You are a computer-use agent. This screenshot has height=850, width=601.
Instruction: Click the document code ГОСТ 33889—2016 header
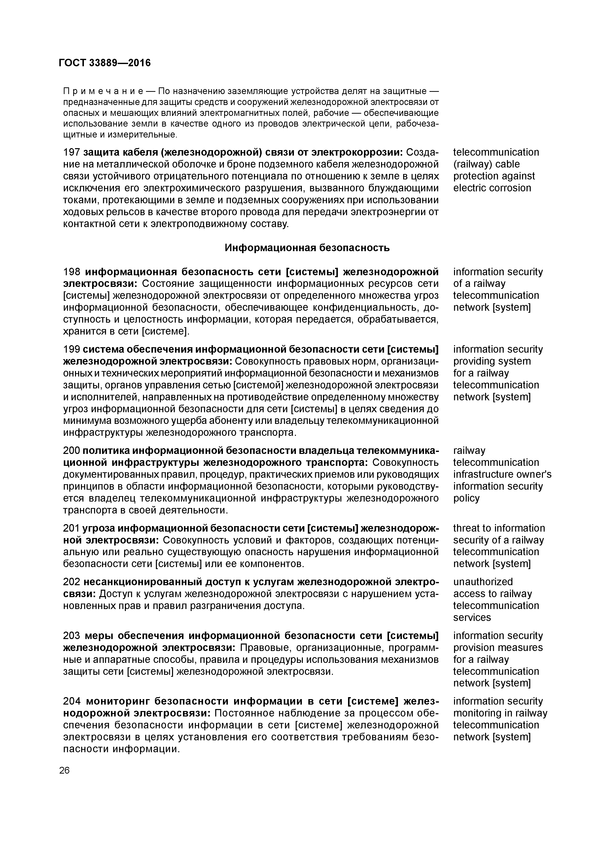pos(105,63)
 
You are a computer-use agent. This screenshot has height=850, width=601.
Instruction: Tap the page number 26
pos(64,770)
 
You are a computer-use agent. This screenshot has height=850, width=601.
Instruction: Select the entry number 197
pos(72,152)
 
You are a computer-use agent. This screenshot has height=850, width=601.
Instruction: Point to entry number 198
pos(72,272)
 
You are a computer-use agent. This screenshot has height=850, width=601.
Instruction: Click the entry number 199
pos(72,349)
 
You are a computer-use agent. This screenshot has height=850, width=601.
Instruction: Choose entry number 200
pos(72,450)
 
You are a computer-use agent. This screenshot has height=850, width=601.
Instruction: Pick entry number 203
pos(72,636)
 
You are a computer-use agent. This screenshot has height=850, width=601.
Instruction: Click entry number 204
pos(72,701)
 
